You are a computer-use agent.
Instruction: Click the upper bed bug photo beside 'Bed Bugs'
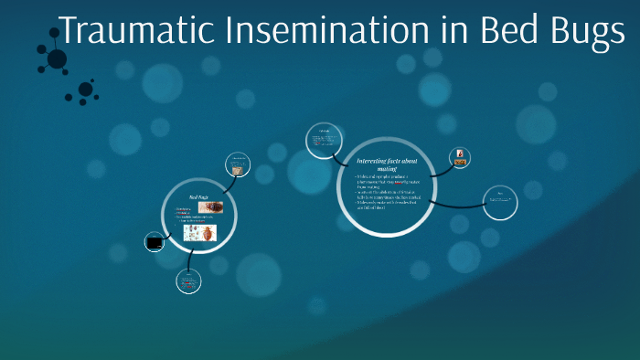pos(209,207)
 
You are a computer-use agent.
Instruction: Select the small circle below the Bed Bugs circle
pos(188,281)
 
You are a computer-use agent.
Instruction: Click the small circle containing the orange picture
pos(460,158)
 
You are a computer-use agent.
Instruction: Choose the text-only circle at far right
pos(500,202)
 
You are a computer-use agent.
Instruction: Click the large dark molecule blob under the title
pos(57,59)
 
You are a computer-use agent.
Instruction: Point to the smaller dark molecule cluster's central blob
pos(85,90)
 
